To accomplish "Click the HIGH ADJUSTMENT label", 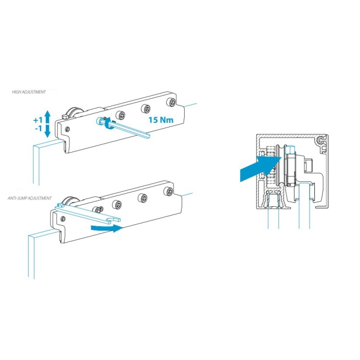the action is tap(29, 92).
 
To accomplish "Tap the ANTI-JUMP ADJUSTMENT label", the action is tap(30, 198).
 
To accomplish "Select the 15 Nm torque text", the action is tap(161, 120).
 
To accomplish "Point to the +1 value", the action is tap(38, 120).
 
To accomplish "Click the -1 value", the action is tap(39, 129).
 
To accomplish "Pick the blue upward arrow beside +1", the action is tap(47, 117).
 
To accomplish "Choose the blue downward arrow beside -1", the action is tap(47, 131).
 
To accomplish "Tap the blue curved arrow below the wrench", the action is tap(107, 228).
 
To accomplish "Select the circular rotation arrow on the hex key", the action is tap(107, 124).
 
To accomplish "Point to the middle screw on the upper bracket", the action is tap(146, 108).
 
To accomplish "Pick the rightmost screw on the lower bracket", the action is tap(169, 191).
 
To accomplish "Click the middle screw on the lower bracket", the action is tap(143, 197).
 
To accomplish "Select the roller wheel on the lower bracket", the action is tap(68, 202).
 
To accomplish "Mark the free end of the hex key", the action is tap(148, 136).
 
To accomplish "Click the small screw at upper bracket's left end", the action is tap(67, 129).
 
